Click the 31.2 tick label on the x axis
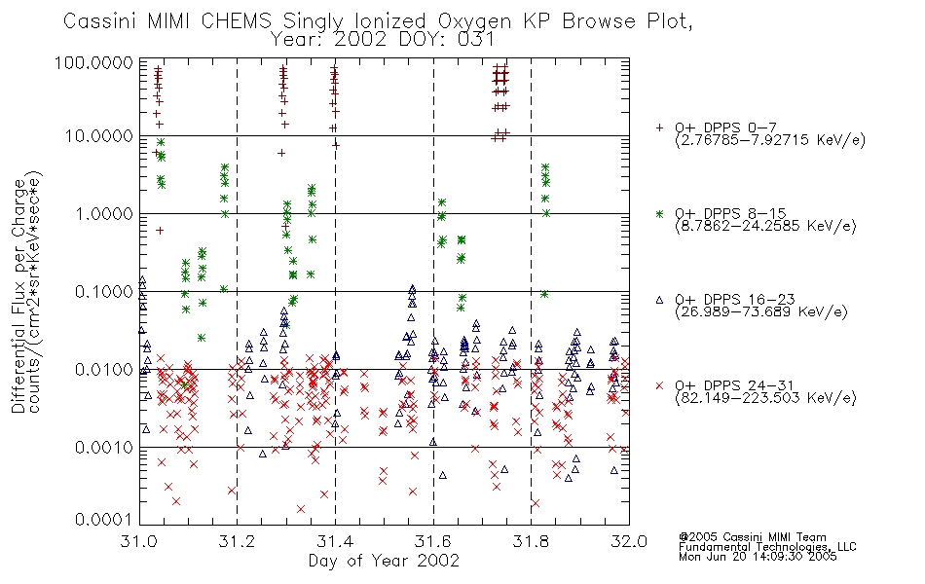238,541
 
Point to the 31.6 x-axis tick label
433,541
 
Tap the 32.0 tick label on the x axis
629,541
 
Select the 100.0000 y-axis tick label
94,62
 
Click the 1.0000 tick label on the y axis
104,213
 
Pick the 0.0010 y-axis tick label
104,448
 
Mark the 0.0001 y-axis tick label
104,520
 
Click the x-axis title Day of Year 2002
384,561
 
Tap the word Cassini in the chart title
99,21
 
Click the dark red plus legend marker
659,128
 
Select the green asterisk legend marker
659,213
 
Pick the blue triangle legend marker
659,300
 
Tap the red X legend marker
659,385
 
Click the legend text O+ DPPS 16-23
735,299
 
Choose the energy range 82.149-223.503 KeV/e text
765,398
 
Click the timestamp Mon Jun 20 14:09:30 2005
758,557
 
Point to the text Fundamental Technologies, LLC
767,547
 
